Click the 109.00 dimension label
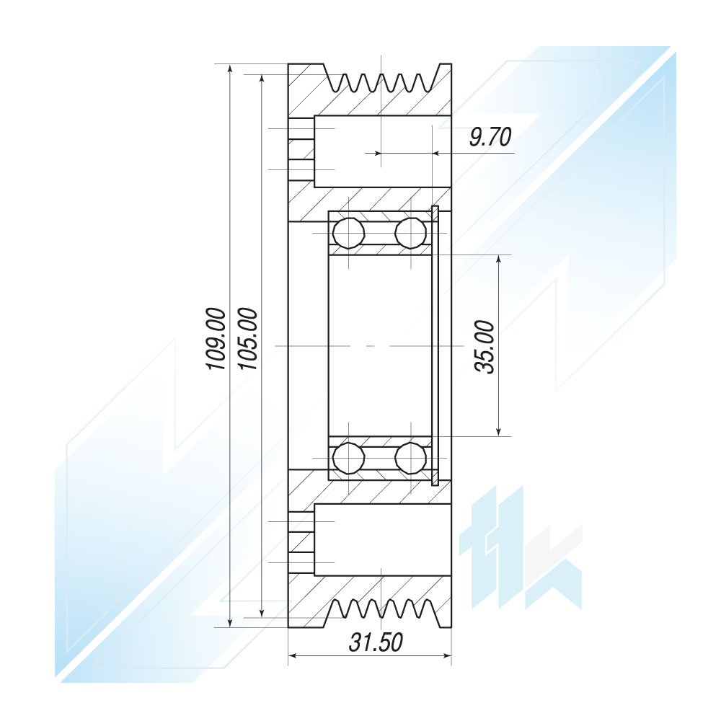click(216, 339)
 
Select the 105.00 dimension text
click(248, 339)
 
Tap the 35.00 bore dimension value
click(485, 348)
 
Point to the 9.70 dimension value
click(490, 137)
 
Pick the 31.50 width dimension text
click(376, 642)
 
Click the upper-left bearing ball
click(349, 233)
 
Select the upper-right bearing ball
click(411, 233)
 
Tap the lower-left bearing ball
click(349, 458)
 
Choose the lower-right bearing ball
click(411, 458)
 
